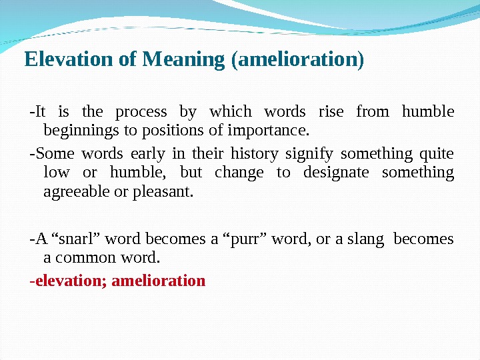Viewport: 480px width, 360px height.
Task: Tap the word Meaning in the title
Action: (183, 60)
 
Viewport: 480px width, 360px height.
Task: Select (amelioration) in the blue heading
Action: (297, 60)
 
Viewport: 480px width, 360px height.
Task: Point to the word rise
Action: (331, 111)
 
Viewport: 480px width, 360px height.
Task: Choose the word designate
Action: (336, 173)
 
